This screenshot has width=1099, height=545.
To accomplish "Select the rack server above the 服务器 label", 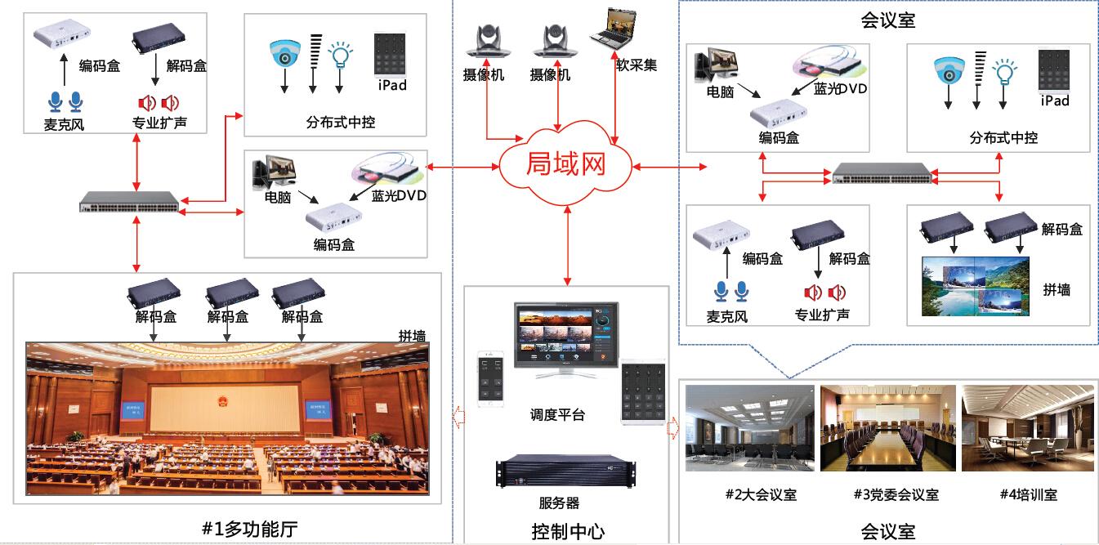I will [x=556, y=473].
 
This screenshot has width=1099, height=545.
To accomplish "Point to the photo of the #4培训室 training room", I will [x=1027, y=428].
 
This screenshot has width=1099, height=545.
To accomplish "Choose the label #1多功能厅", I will [x=249, y=529].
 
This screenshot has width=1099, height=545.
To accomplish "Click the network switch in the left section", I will [x=130, y=201].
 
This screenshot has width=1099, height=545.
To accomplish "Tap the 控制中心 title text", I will [x=568, y=531].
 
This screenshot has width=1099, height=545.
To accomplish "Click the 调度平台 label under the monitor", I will [x=557, y=415].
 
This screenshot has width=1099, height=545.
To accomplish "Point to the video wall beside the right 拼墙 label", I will [x=976, y=286].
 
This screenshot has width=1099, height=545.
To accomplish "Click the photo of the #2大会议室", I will [x=750, y=428].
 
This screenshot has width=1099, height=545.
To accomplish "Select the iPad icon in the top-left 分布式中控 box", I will [x=391, y=55].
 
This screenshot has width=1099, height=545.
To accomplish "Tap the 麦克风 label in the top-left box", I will [x=65, y=125].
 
